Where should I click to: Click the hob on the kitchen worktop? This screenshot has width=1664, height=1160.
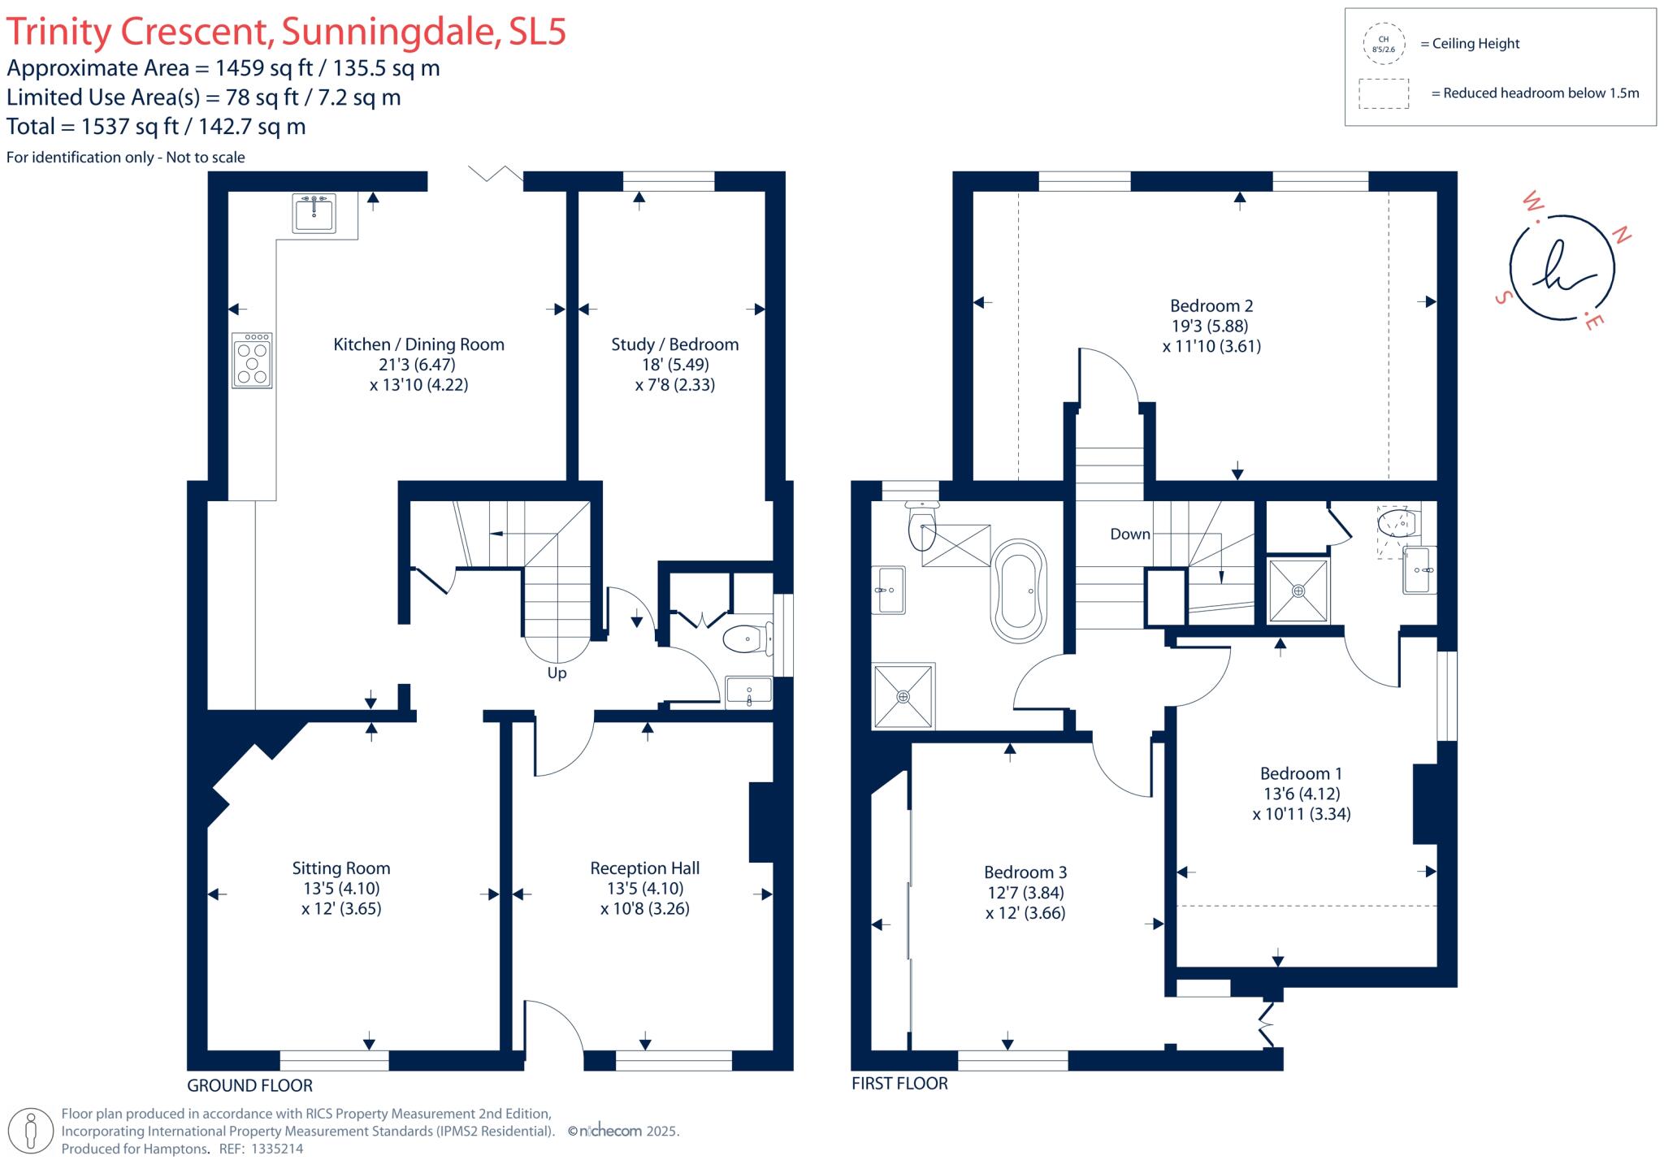coord(252,360)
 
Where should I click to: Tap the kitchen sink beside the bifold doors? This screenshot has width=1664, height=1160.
coord(314,214)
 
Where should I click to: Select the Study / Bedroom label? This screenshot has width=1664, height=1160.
coord(674,344)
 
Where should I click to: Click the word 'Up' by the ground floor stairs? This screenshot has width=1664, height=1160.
coord(557,673)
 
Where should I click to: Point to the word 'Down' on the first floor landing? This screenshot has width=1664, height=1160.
coord(1130,535)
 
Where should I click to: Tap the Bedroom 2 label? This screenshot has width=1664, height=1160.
coord(1211,306)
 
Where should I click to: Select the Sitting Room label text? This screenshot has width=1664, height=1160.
coord(341,868)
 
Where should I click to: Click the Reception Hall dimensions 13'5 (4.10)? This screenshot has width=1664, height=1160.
coord(645,889)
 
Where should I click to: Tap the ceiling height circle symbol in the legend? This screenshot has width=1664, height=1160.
coord(1383,44)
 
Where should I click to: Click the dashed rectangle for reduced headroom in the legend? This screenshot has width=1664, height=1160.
coord(1384,93)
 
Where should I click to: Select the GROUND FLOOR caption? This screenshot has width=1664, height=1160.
coord(249,1085)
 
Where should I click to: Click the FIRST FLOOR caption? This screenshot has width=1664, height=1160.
coord(899,1084)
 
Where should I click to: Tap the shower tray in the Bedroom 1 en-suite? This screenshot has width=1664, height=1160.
coord(1298,591)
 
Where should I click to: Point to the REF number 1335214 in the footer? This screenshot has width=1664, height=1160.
coord(277,1149)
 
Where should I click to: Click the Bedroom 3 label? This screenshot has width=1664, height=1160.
coord(1025,872)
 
